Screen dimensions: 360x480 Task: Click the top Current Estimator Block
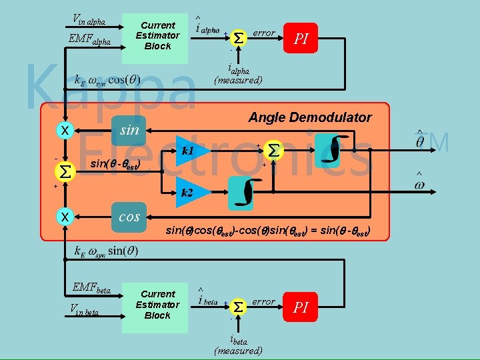(x=157, y=36)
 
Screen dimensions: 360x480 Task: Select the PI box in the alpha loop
(x=301, y=39)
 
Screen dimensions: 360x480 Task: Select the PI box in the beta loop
(x=301, y=307)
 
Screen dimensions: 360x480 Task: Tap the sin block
(x=129, y=130)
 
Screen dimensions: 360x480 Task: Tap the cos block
(x=129, y=217)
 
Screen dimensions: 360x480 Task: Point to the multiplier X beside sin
(x=65, y=130)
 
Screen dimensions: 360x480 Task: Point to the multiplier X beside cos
(x=65, y=217)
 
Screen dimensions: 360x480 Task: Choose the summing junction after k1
(x=274, y=151)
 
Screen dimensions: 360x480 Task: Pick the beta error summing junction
(x=239, y=307)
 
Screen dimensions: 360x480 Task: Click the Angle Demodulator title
(x=310, y=118)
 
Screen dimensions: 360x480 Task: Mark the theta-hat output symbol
(x=420, y=140)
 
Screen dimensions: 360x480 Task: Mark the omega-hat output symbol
(x=419, y=183)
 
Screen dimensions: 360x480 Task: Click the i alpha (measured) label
(x=238, y=75)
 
